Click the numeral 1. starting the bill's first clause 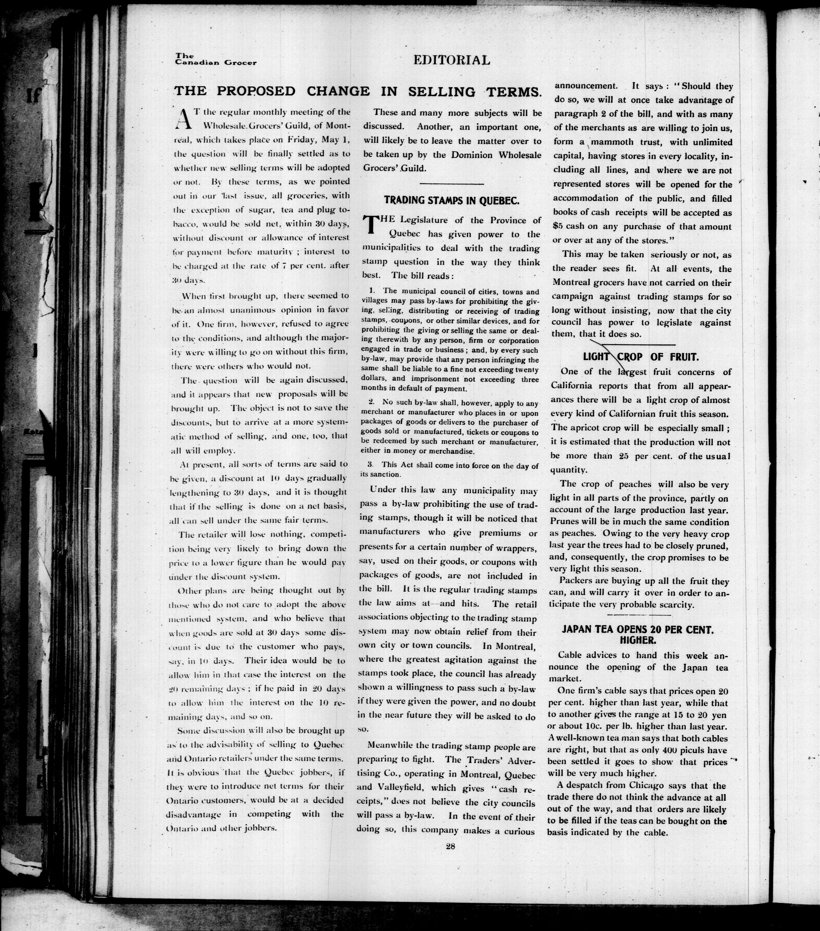372,291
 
